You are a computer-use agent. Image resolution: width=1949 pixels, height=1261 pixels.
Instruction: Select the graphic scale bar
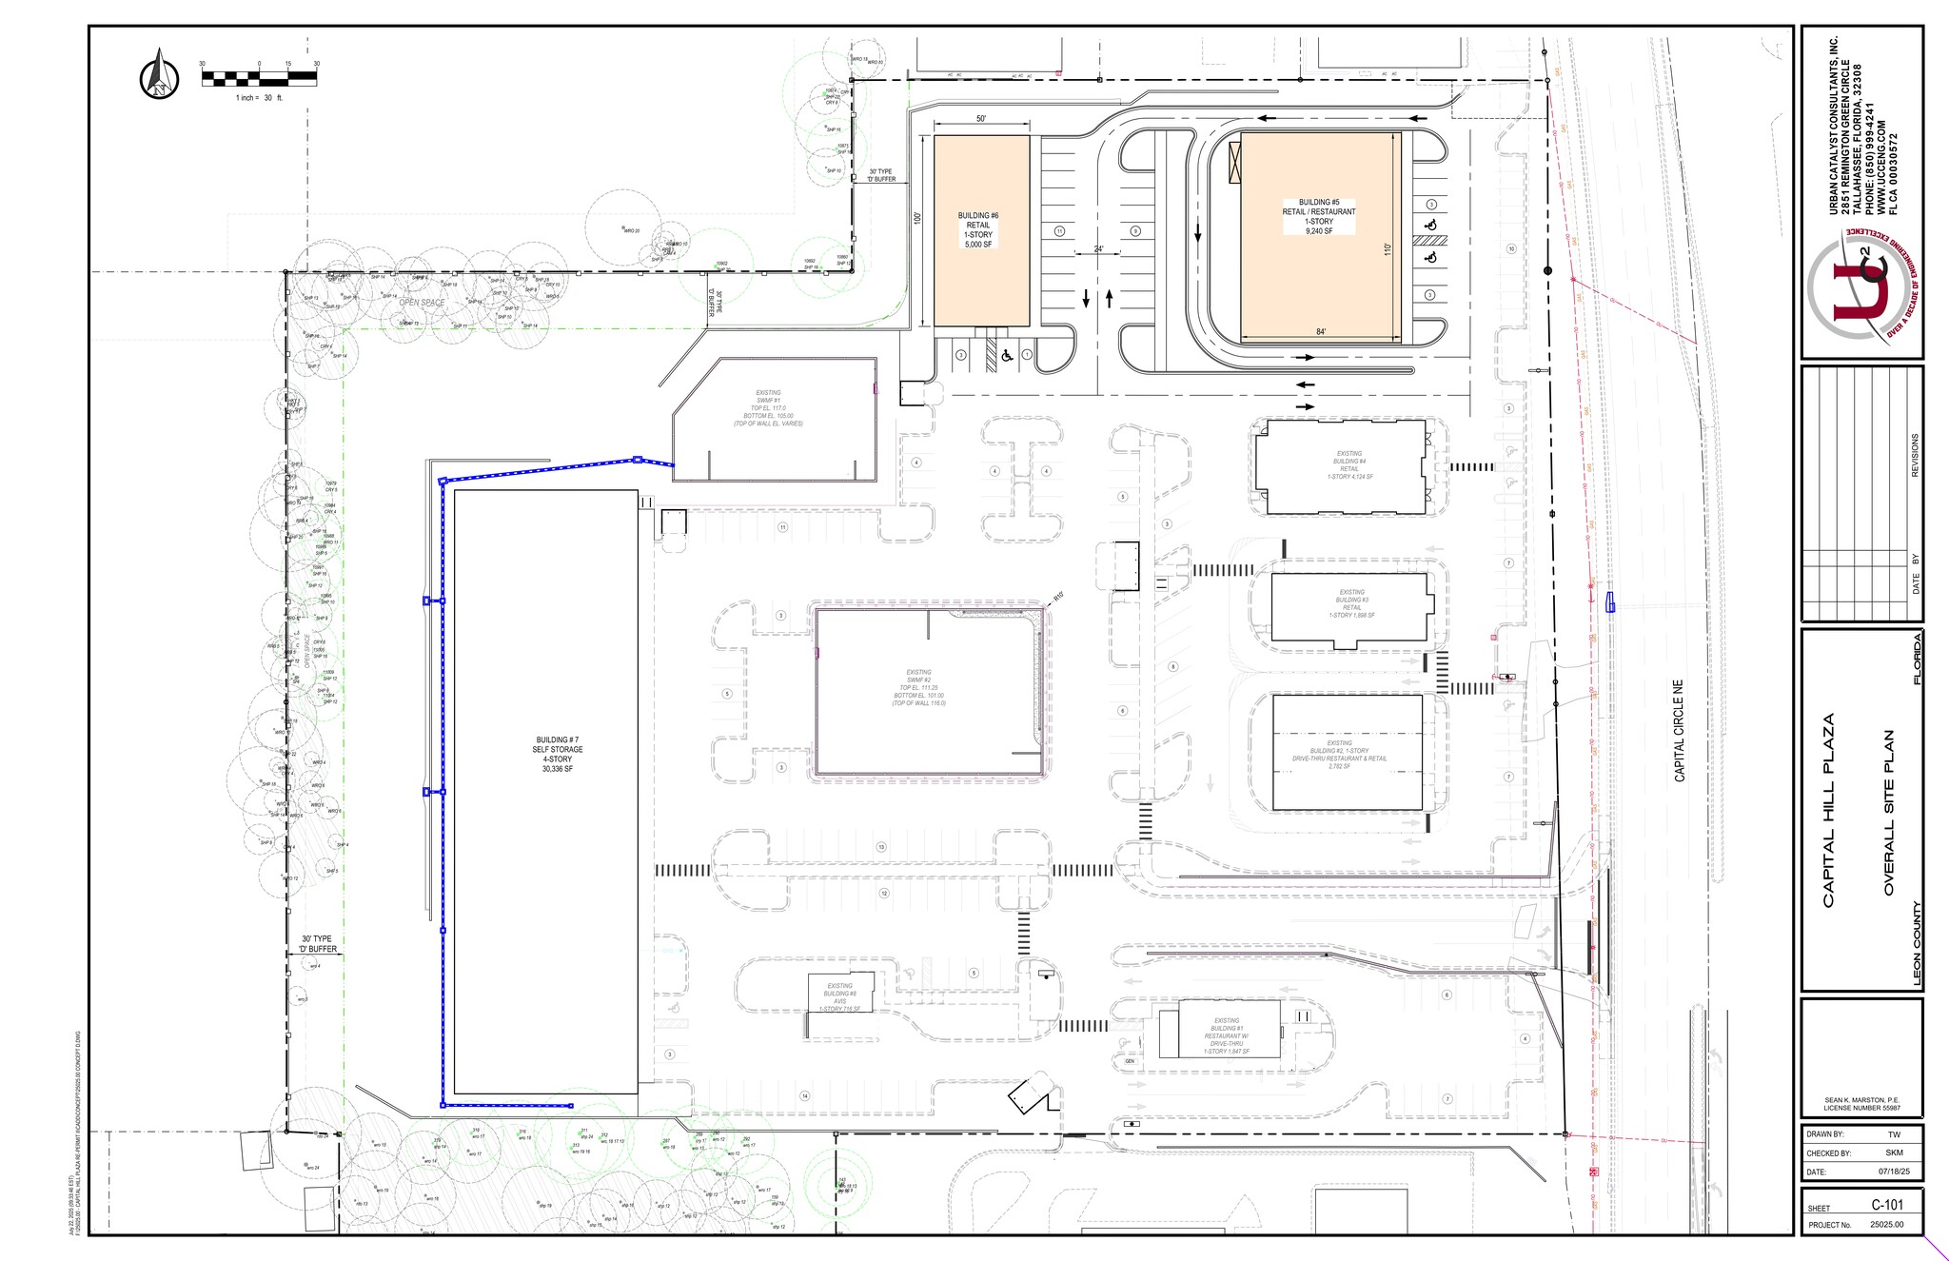point(259,78)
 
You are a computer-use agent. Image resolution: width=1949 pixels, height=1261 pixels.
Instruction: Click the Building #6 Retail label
point(978,230)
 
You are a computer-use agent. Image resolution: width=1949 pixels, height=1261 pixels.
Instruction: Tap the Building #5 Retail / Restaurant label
point(1318,216)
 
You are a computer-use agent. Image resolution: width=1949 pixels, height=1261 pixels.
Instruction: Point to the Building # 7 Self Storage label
point(558,754)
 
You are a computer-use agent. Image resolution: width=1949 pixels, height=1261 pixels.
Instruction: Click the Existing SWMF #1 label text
point(768,408)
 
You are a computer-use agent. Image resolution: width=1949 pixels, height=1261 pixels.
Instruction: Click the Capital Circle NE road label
point(1679,731)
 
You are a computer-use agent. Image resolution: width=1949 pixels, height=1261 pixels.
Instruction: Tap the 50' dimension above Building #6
point(981,119)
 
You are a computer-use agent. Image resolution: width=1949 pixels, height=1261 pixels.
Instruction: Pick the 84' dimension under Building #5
point(1321,332)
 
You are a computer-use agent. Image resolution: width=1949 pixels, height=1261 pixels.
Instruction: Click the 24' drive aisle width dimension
point(1098,249)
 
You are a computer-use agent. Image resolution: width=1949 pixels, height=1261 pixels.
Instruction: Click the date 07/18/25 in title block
point(1886,1172)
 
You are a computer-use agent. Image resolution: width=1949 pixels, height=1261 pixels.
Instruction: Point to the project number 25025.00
point(1886,1224)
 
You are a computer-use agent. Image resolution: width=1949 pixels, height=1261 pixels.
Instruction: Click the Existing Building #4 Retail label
point(1349,465)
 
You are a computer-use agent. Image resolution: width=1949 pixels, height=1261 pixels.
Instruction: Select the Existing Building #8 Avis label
point(839,997)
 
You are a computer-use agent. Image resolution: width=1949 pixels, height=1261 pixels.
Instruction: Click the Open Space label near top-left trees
point(422,303)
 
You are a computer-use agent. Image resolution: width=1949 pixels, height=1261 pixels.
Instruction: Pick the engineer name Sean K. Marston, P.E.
point(1861,1100)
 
